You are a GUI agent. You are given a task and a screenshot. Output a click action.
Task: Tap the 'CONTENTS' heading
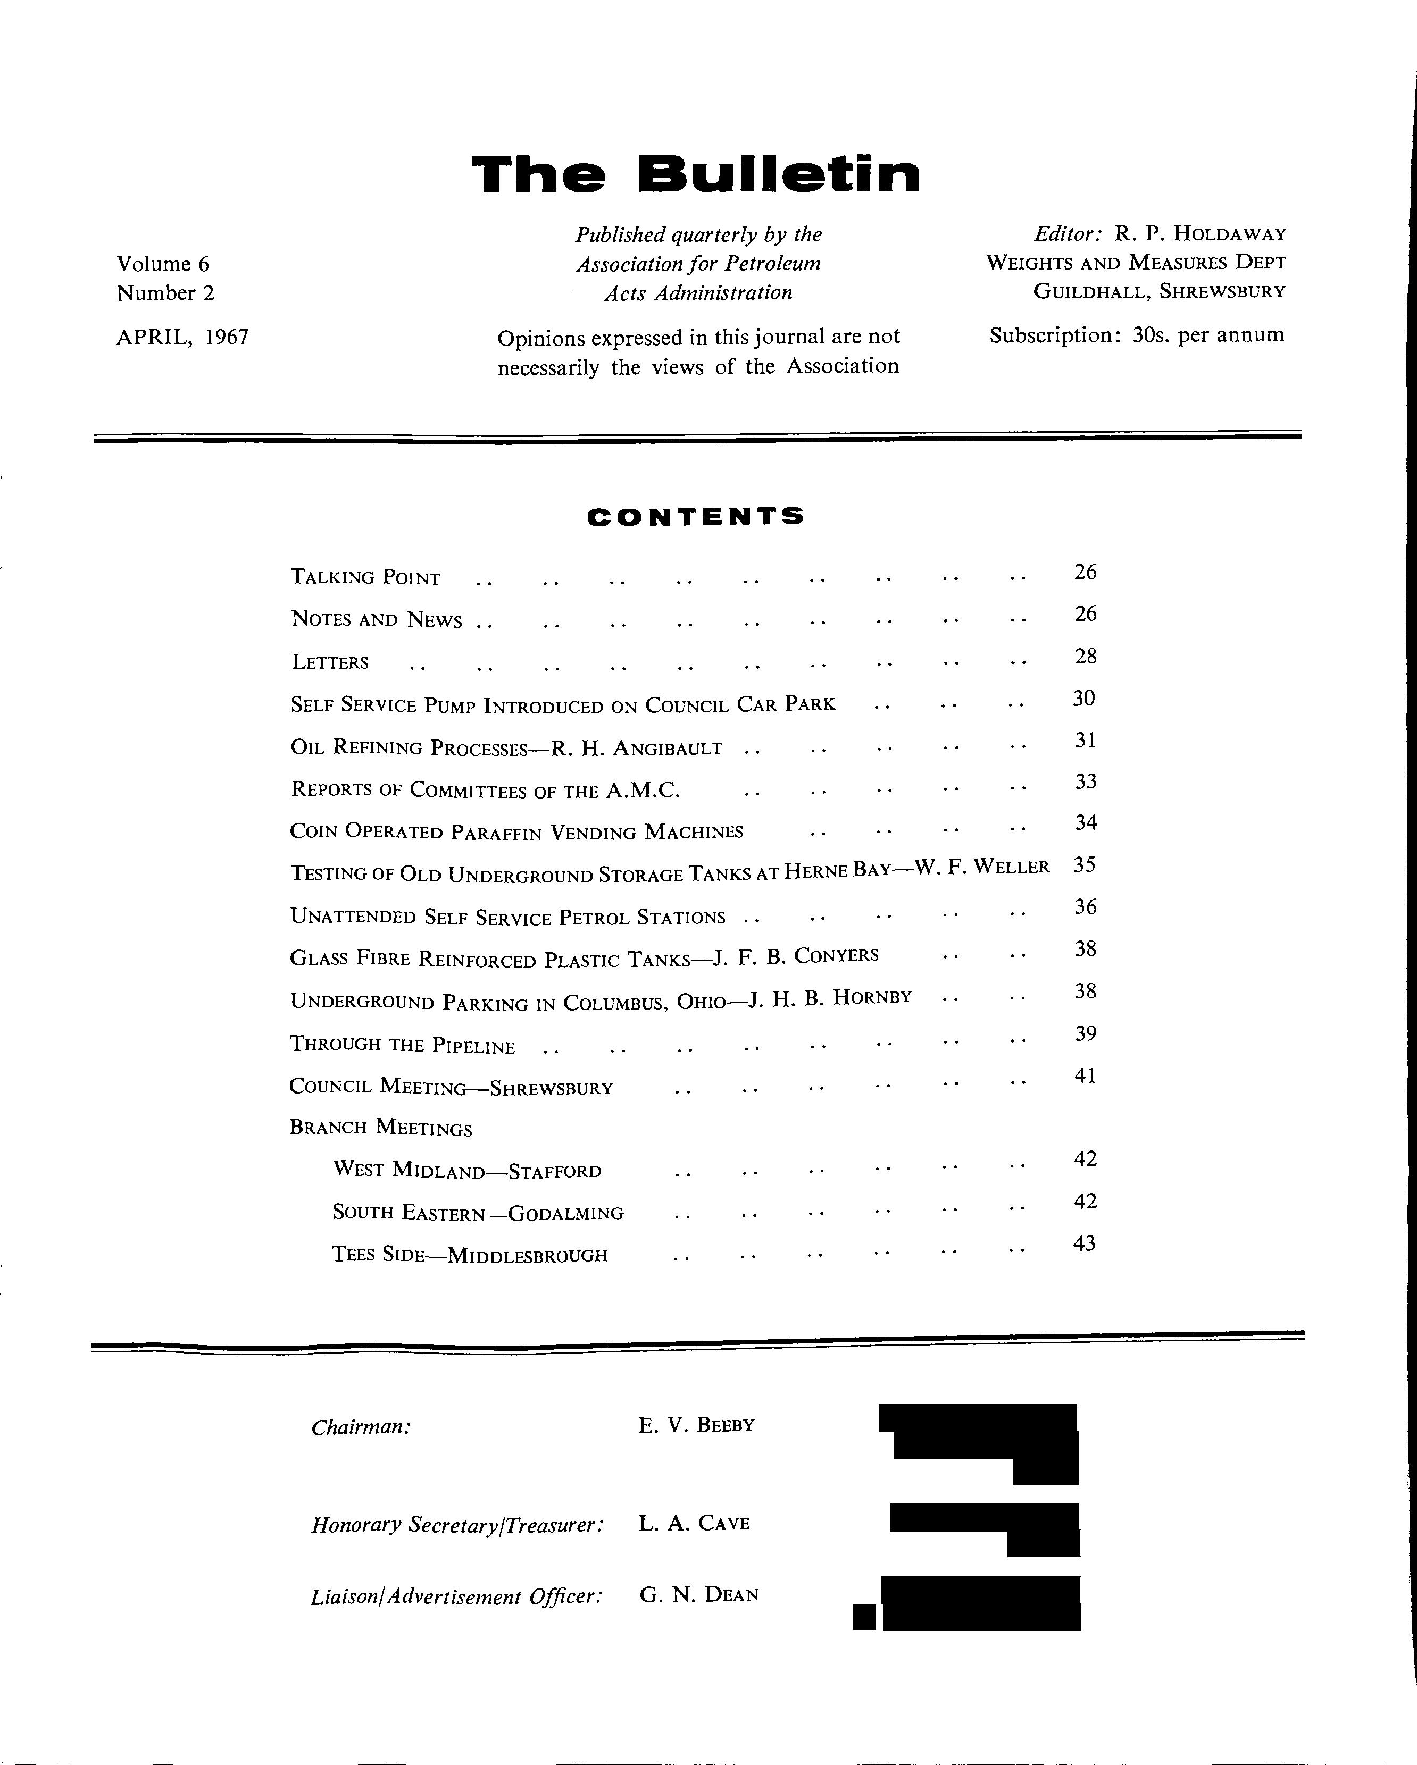click(695, 517)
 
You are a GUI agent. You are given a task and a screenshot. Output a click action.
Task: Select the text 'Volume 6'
click(163, 264)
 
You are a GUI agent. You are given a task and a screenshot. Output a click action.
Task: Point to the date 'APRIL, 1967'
click(182, 337)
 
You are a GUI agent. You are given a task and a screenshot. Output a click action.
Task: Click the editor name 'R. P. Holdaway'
click(1200, 234)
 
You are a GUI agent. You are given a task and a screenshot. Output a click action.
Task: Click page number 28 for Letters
click(1085, 657)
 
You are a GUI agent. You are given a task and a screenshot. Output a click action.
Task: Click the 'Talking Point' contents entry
click(365, 578)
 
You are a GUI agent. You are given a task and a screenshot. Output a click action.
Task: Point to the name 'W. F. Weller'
click(981, 868)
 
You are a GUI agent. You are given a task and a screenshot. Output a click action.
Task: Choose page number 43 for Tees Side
click(1083, 1243)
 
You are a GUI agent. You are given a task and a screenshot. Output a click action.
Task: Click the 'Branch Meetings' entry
click(381, 1128)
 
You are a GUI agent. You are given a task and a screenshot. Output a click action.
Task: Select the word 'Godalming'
click(566, 1213)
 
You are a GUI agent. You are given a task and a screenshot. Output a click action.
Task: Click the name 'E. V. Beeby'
click(696, 1425)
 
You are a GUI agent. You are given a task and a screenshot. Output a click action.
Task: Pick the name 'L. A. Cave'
click(694, 1524)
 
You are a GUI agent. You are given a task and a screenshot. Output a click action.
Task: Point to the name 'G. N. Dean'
click(699, 1595)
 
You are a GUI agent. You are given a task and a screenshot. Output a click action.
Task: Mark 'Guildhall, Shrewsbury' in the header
click(1159, 291)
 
